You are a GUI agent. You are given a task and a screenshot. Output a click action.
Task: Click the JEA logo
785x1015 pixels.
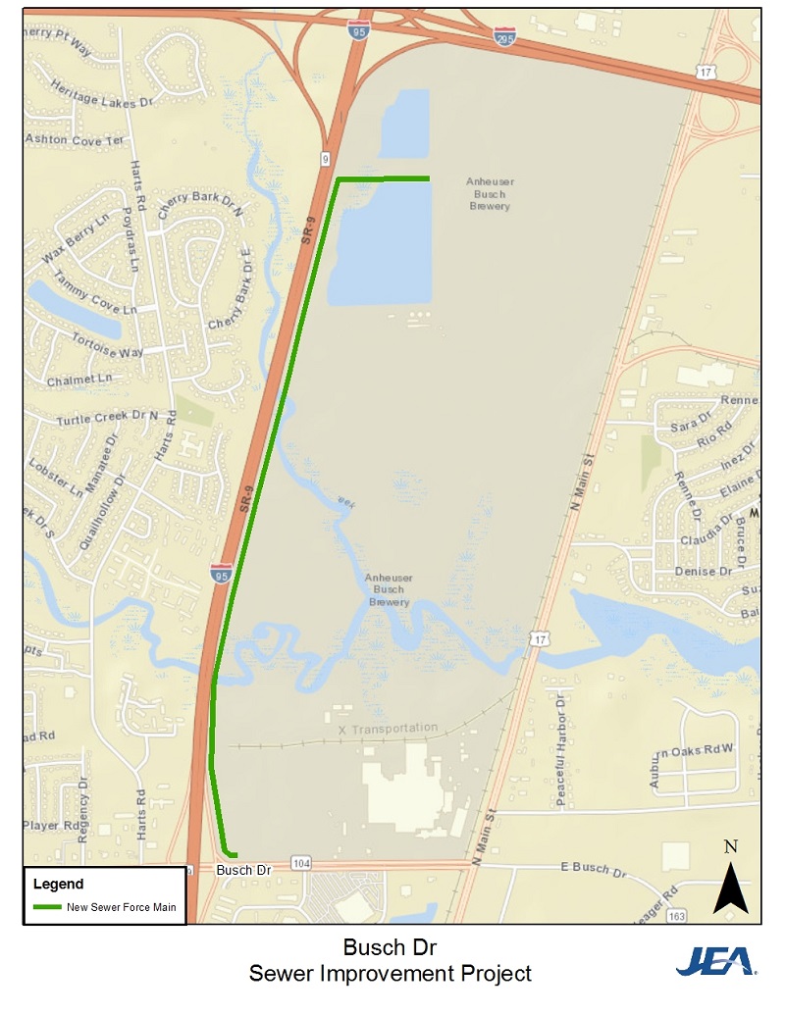click(x=715, y=960)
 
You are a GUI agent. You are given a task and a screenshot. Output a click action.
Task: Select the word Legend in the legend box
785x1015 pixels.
click(x=58, y=884)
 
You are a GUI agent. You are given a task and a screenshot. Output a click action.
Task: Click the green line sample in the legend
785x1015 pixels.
click(x=47, y=907)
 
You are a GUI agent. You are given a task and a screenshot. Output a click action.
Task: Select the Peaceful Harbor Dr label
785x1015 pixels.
click(x=562, y=750)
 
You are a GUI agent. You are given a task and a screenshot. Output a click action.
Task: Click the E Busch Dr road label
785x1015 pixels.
click(x=593, y=869)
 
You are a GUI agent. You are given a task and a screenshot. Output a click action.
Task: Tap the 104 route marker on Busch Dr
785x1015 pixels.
click(x=301, y=863)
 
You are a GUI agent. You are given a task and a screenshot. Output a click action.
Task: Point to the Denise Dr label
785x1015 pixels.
click(x=704, y=571)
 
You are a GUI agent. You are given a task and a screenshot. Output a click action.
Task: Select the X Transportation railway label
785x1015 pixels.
click(x=388, y=729)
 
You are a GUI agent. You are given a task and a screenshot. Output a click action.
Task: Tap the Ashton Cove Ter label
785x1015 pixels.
click(x=75, y=139)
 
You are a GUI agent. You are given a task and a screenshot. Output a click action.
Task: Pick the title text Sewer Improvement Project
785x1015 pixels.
click(x=390, y=974)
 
